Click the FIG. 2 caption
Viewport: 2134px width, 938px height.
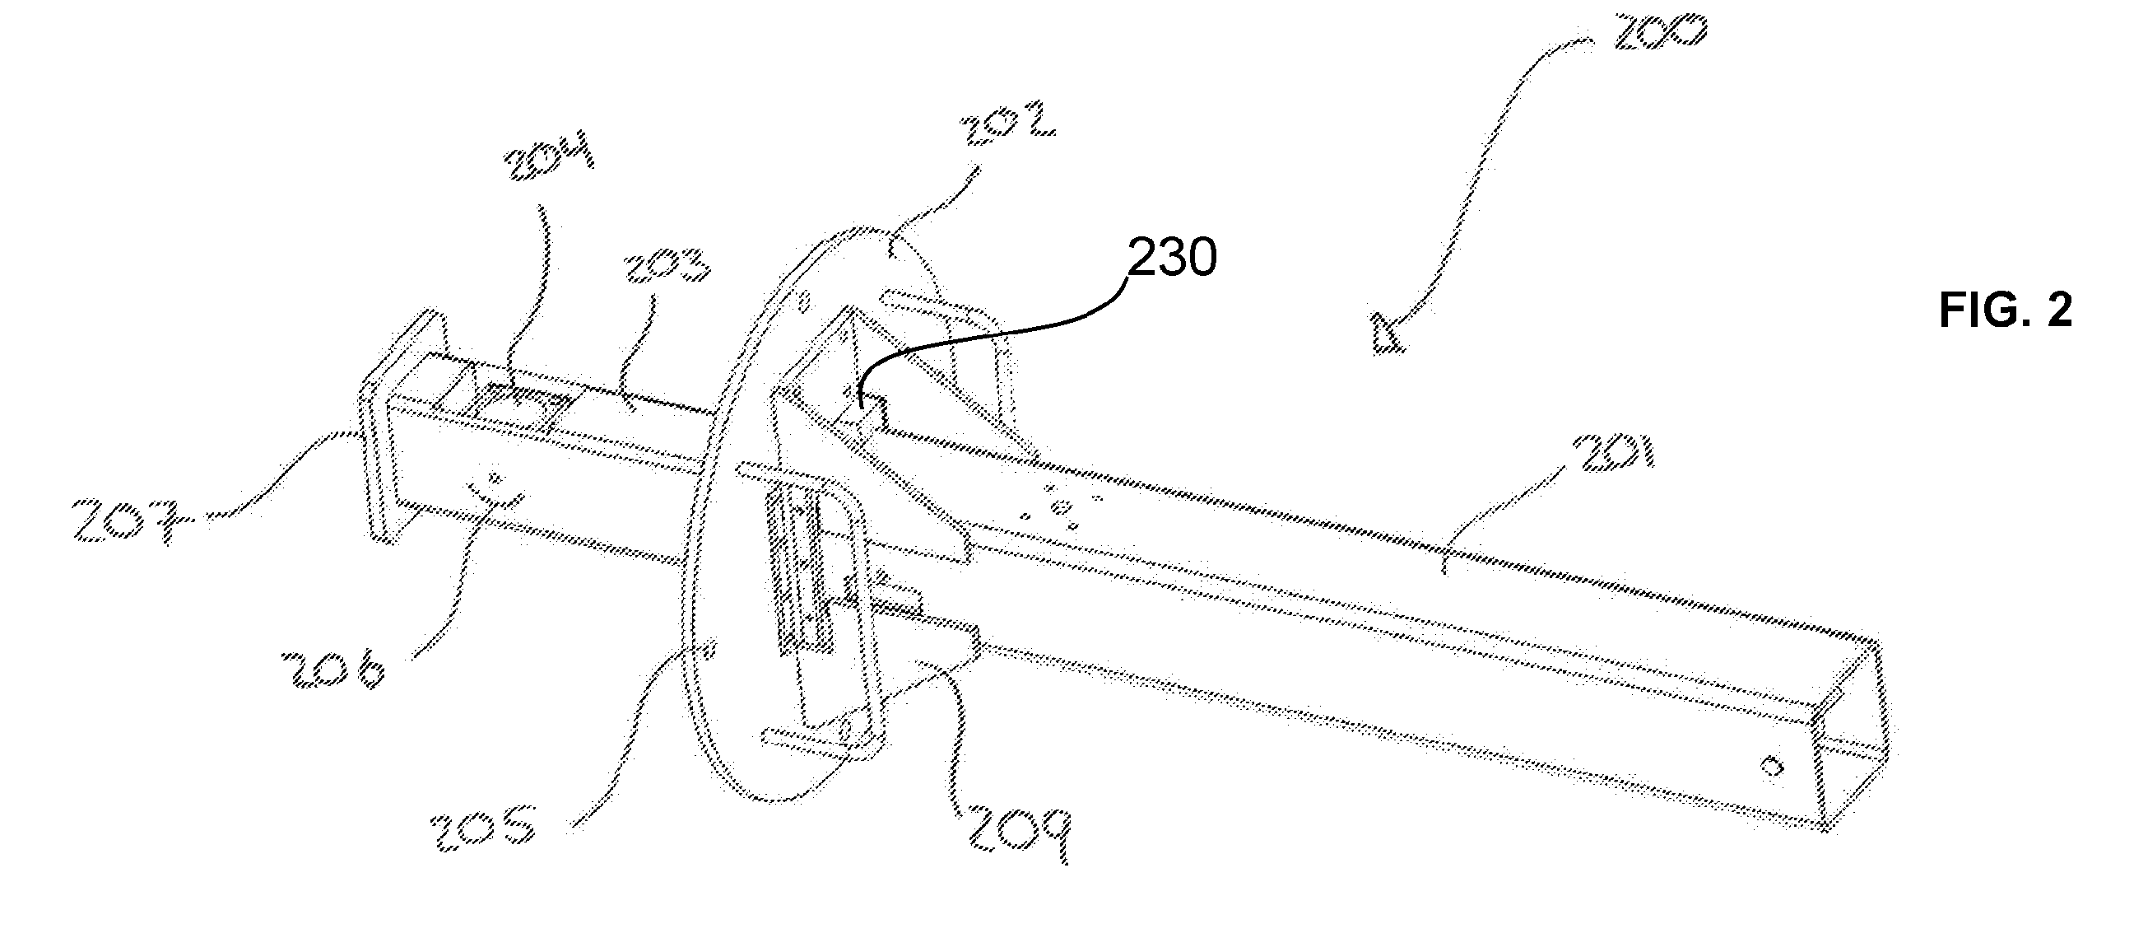(2006, 310)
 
